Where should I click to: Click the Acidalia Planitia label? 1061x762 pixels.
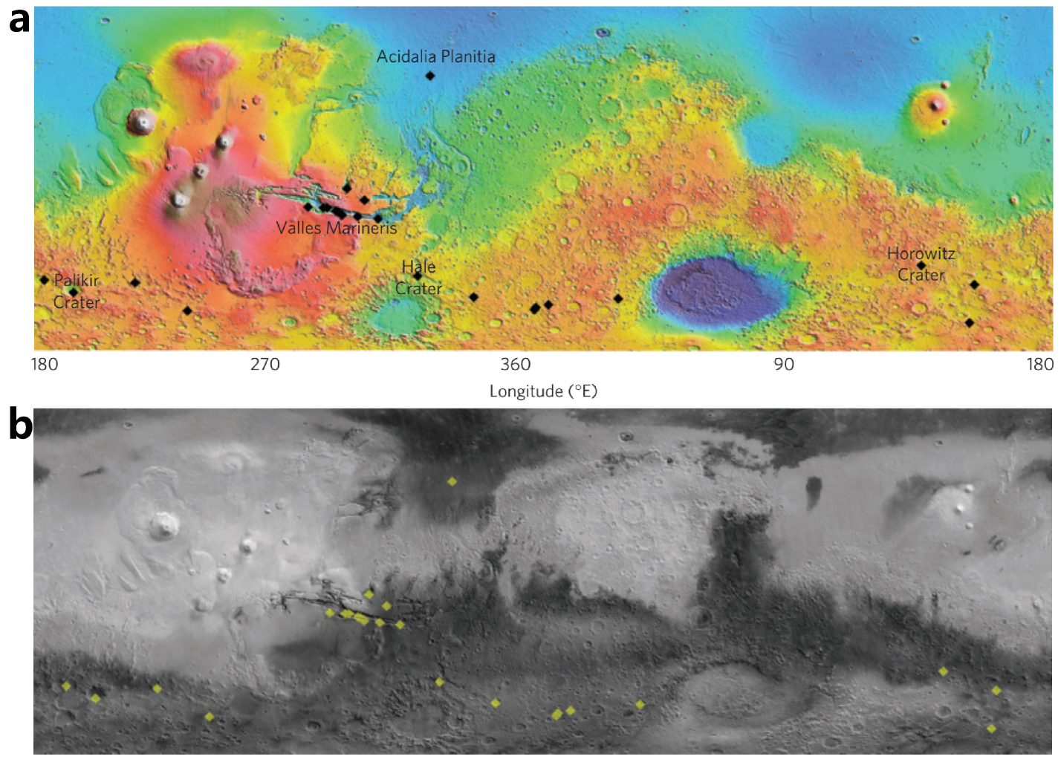tap(435, 56)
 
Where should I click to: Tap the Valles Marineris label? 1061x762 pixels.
tap(337, 228)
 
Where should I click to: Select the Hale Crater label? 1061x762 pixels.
tap(418, 278)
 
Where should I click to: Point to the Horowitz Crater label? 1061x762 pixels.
tap(921, 264)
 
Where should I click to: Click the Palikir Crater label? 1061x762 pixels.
tap(76, 291)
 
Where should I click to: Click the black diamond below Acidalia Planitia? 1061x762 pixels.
tap(429, 76)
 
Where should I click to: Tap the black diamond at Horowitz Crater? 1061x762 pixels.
tap(921, 265)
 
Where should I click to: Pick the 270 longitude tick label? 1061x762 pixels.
tap(265, 364)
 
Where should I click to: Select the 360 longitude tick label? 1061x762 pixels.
tap(516, 364)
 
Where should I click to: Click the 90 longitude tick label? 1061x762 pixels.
tap(784, 364)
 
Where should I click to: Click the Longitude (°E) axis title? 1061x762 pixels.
tap(543, 391)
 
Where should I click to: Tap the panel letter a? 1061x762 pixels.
tap(19, 21)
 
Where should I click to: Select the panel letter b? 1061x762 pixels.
tap(20, 425)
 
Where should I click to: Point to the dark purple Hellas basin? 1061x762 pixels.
tap(718, 291)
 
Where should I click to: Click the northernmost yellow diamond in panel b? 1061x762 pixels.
tap(452, 482)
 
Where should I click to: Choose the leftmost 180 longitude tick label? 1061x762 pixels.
tap(45, 364)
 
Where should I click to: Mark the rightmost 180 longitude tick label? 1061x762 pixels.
tap(1040, 364)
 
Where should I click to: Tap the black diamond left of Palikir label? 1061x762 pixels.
tap(45, 280)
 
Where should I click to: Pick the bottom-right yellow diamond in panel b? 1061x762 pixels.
tap(991, 729)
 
